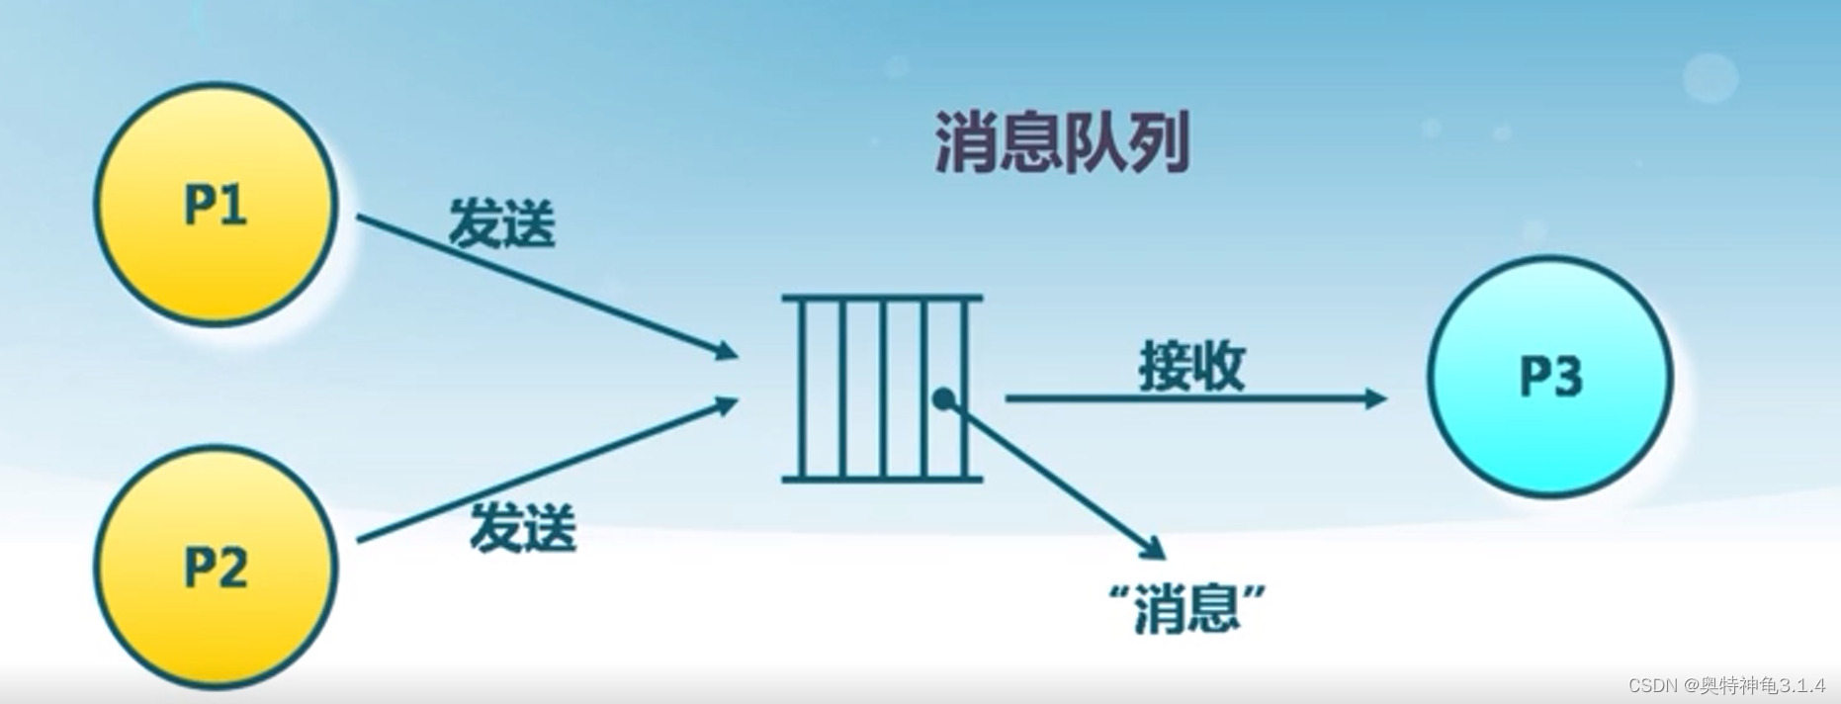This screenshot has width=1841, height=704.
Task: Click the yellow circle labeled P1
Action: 216,205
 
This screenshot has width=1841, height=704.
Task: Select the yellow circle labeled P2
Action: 216,567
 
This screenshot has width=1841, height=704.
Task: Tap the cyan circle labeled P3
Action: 1549,377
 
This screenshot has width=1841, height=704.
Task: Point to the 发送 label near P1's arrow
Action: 502,222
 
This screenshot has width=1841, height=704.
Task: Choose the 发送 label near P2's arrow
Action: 522,527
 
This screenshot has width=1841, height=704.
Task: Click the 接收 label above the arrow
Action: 1191,366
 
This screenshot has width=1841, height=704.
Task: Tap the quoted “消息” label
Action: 1187,606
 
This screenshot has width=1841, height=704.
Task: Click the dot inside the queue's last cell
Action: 944,398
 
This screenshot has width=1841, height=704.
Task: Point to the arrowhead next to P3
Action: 1375,398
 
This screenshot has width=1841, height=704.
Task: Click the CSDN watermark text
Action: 1725,685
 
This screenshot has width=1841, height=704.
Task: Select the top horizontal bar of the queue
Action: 882,297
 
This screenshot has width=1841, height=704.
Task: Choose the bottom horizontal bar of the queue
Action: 882,480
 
